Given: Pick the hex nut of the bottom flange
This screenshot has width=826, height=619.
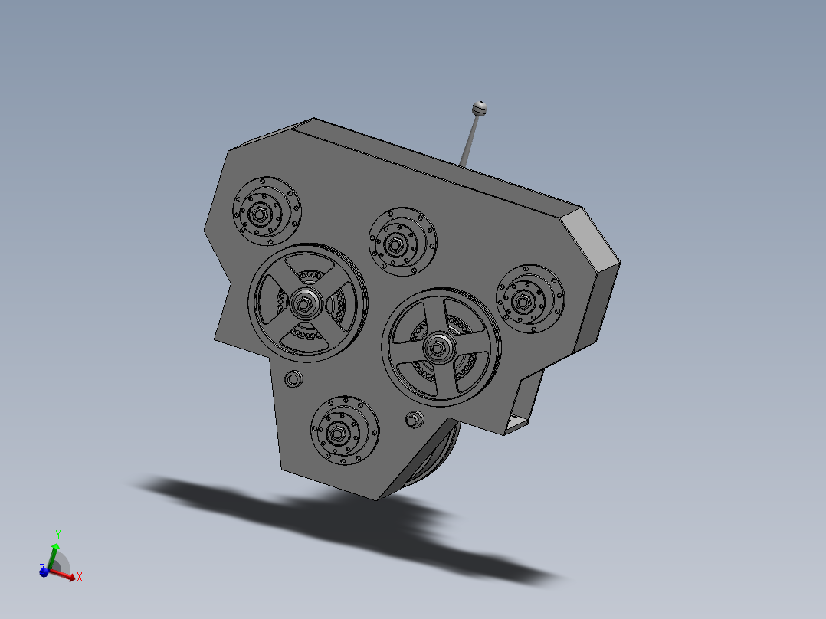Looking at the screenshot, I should pos(337,434).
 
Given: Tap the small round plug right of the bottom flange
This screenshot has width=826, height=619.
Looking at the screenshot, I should pos(415,419).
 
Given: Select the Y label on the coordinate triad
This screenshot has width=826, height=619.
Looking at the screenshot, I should pos(58,534).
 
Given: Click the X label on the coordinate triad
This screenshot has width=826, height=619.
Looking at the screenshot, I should pos(80,577).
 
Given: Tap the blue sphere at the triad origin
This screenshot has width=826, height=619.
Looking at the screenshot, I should pos(44,571).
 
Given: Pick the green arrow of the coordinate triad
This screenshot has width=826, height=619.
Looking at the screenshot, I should pos(53,554).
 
